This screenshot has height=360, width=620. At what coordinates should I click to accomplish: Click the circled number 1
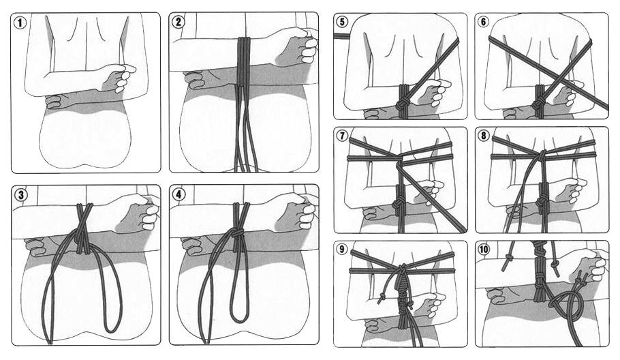(20, 22)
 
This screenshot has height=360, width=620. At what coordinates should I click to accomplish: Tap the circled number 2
(179, 22)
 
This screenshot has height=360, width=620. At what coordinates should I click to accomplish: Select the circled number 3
(21, 194)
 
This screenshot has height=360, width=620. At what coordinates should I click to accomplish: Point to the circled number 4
(179, 194)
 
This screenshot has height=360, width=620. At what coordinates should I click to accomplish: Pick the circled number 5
(343, 21)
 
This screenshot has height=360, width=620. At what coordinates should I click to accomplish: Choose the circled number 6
(483, 21)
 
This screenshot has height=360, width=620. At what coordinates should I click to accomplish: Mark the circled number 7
(343, 136)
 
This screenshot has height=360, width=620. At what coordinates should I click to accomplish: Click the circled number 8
(484, 136)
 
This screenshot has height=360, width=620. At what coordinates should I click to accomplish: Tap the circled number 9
(343, 249)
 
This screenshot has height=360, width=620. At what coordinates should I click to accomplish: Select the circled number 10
(484, 250)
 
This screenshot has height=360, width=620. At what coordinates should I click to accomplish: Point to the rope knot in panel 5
(402, 105)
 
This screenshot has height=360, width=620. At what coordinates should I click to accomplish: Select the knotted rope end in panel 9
(382, 297)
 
